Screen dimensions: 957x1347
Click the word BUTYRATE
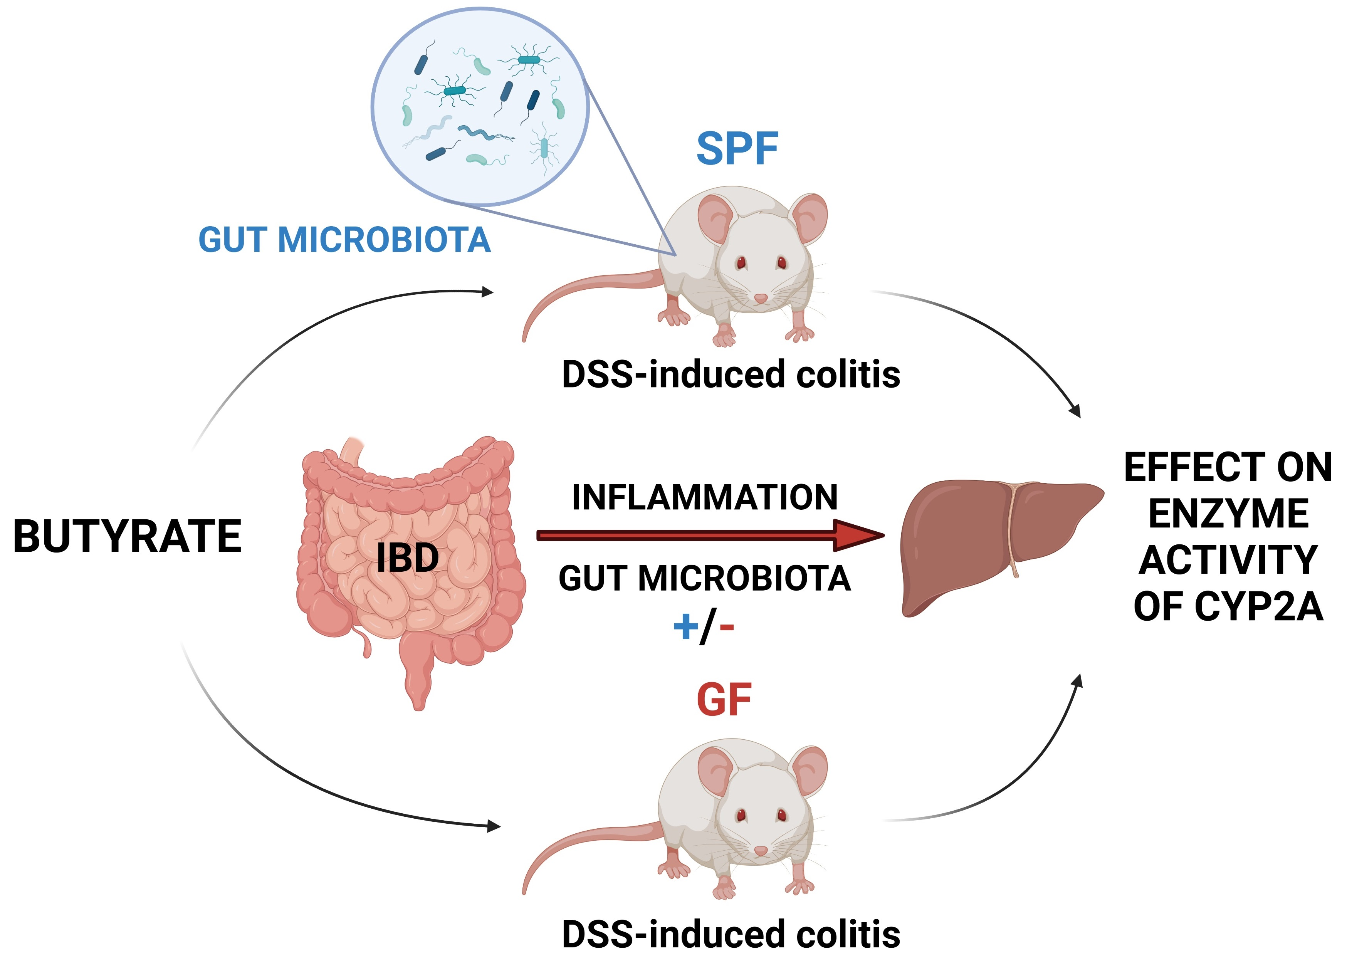point(127,536)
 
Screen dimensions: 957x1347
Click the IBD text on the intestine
point(407,557)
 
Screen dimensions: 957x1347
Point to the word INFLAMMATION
point(705,497)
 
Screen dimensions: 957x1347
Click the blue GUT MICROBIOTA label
point(345,240)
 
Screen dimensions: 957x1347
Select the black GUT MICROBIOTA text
point(705,578)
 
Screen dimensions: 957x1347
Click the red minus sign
point(727,627)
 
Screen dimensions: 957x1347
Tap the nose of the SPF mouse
point(761,299)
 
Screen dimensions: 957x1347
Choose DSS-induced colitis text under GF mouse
point(731,934)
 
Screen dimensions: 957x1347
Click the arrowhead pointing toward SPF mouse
point(487,291)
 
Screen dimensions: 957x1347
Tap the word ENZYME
point(1229,513)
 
